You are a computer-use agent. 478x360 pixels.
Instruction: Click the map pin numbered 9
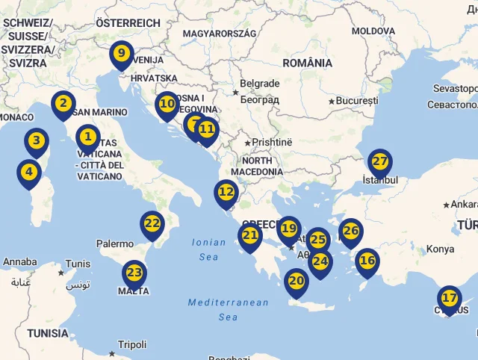(x=120, y=55)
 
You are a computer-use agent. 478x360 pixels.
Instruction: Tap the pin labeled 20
(x=297, y=282)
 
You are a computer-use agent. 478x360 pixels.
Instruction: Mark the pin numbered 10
(x=167, y=105)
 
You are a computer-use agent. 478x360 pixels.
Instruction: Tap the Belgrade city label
(x=260, y=84)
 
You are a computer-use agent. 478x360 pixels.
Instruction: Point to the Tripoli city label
(x=132, y=344)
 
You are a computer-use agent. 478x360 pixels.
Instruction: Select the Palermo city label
(x=115, y=243)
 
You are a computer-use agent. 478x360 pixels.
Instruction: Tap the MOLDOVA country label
(x=373, y=31)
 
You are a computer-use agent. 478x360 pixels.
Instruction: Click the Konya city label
(x=440, y=249)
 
